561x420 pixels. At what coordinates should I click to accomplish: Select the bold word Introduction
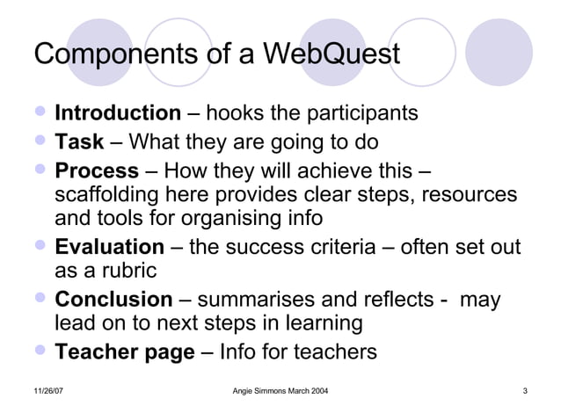click(117, 113)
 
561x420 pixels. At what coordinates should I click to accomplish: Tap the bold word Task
click(79, 141)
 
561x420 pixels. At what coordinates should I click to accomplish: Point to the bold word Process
click(97, 170)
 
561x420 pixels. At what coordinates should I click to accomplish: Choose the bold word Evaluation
click(109, 247)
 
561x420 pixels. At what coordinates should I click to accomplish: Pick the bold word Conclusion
click(113, 300)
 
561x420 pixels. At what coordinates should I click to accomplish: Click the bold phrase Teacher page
click(124, 352)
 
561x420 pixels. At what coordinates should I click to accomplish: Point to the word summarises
click(259, 301)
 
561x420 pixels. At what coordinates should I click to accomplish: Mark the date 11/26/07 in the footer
click(48, 390)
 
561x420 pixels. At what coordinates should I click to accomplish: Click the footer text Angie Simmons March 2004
click(280, 390)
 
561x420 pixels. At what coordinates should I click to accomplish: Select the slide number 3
click(524, 390)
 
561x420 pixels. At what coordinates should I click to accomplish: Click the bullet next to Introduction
click(40, 113)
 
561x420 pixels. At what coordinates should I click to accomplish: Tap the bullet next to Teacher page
click(40, 352)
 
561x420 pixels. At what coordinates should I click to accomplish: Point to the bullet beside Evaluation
click(40, 247)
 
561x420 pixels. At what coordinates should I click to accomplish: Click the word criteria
click(339, 248)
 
